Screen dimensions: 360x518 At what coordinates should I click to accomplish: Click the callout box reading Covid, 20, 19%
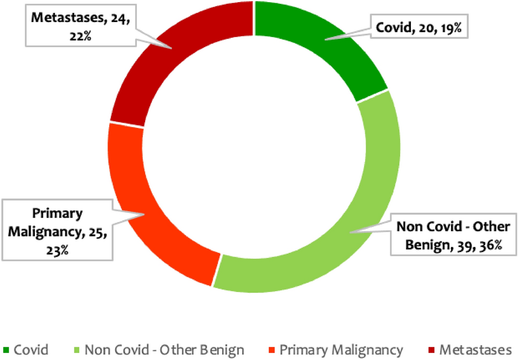coord(419,29)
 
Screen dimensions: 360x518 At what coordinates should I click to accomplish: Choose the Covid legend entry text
coord(31,350)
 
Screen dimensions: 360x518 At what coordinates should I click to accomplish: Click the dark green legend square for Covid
coord(6,351)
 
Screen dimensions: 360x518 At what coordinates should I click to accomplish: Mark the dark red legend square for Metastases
coord(431,351)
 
